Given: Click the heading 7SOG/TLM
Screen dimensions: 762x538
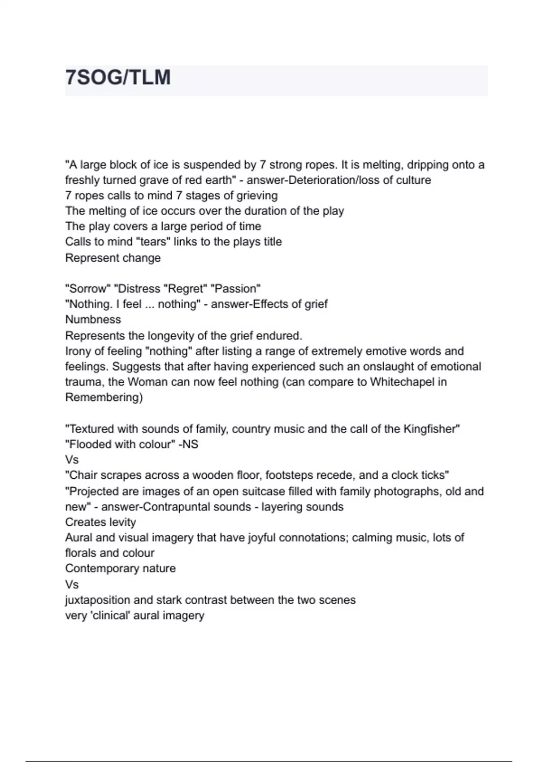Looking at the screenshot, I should pos(118,78).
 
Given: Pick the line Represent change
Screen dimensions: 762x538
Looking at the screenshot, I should pos(113,258).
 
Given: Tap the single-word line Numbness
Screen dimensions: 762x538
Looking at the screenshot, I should pos(93,320).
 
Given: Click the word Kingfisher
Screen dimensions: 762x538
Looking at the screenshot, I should pos(430,429).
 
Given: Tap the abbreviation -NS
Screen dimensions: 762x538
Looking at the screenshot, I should pos(188,445).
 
